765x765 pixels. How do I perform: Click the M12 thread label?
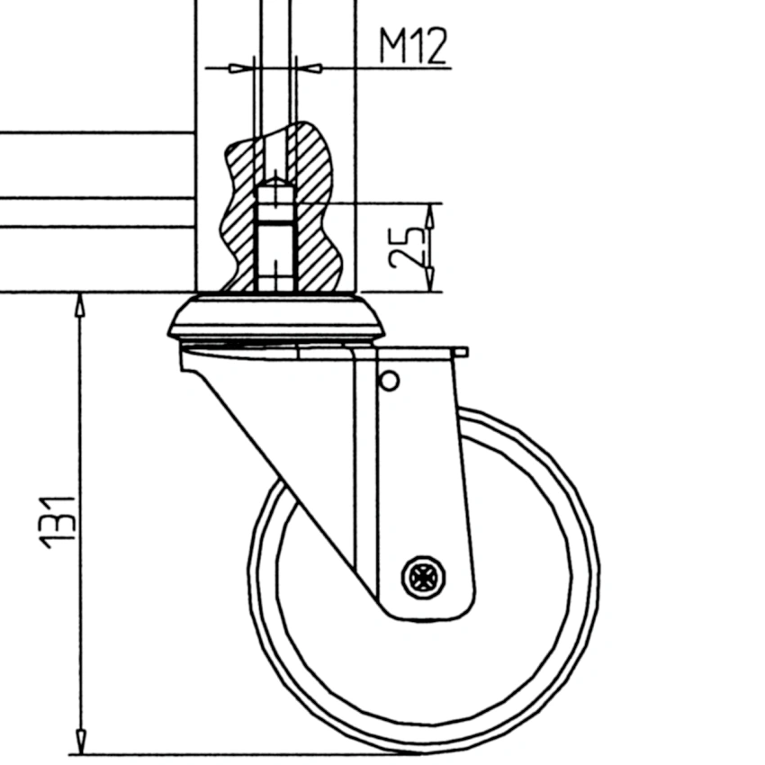[412, 47]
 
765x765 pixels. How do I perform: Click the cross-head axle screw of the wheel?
[423, 576]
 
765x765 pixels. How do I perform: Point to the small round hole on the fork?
[389, 382]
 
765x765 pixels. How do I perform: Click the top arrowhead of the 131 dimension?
[80, 306]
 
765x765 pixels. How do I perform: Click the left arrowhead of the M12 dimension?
[238, 67]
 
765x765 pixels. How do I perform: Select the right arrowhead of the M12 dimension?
[310, 67]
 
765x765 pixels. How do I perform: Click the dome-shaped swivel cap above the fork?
[275, 319]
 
